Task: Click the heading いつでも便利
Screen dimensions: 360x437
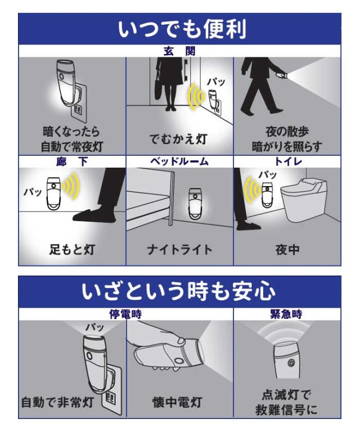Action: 182,29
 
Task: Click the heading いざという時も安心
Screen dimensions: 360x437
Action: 179,291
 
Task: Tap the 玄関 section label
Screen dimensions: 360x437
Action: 180,51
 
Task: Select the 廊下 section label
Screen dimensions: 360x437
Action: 72,161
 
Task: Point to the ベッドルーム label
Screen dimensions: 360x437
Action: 179,161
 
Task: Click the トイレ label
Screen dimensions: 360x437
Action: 288,161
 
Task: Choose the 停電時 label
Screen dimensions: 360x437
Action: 125,314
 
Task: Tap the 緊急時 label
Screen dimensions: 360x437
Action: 286,314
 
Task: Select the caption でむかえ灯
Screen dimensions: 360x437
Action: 178,139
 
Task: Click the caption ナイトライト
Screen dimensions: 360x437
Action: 180,250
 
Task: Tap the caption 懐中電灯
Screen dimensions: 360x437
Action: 178,403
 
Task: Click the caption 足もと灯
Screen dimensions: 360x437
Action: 72,250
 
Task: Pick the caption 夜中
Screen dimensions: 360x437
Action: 287,250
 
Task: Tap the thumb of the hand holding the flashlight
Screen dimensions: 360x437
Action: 180,340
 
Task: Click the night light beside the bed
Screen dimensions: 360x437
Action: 195,203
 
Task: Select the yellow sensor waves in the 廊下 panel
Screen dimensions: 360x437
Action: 71,186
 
